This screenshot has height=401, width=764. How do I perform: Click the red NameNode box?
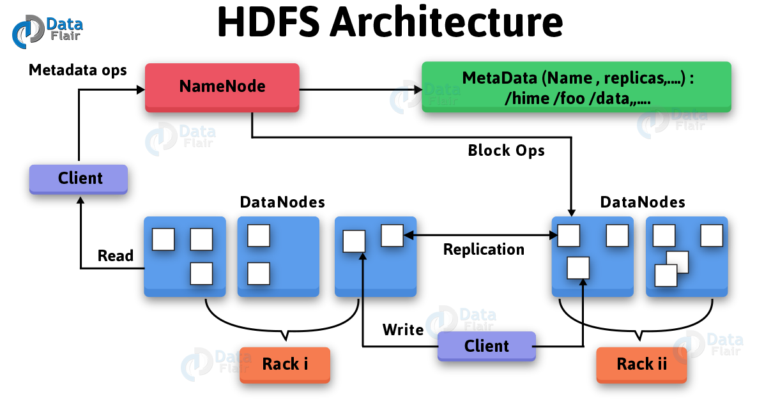tap(222, 87)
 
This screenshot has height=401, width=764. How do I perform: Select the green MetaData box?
tap(576, 87)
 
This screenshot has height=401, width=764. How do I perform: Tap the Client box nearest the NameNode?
tap(79, 179)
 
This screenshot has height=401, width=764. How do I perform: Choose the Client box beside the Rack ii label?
tap(486, 347)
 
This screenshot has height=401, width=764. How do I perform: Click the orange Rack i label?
tap(284, 365)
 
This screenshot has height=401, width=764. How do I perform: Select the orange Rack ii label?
tap(641, 365)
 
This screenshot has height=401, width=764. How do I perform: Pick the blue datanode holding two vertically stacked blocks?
tap(278, 256)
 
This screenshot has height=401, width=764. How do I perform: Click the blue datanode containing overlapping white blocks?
tap(687, 256)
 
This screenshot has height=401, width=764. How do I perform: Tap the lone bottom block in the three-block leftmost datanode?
tap(201, 273)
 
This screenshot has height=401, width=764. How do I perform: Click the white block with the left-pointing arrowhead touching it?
tap(392, 235)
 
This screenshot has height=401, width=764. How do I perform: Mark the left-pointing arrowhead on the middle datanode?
tap(409, 236)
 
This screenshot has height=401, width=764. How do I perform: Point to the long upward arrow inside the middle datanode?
tap(362, 275)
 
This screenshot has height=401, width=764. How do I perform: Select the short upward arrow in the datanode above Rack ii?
tap(583, 287)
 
